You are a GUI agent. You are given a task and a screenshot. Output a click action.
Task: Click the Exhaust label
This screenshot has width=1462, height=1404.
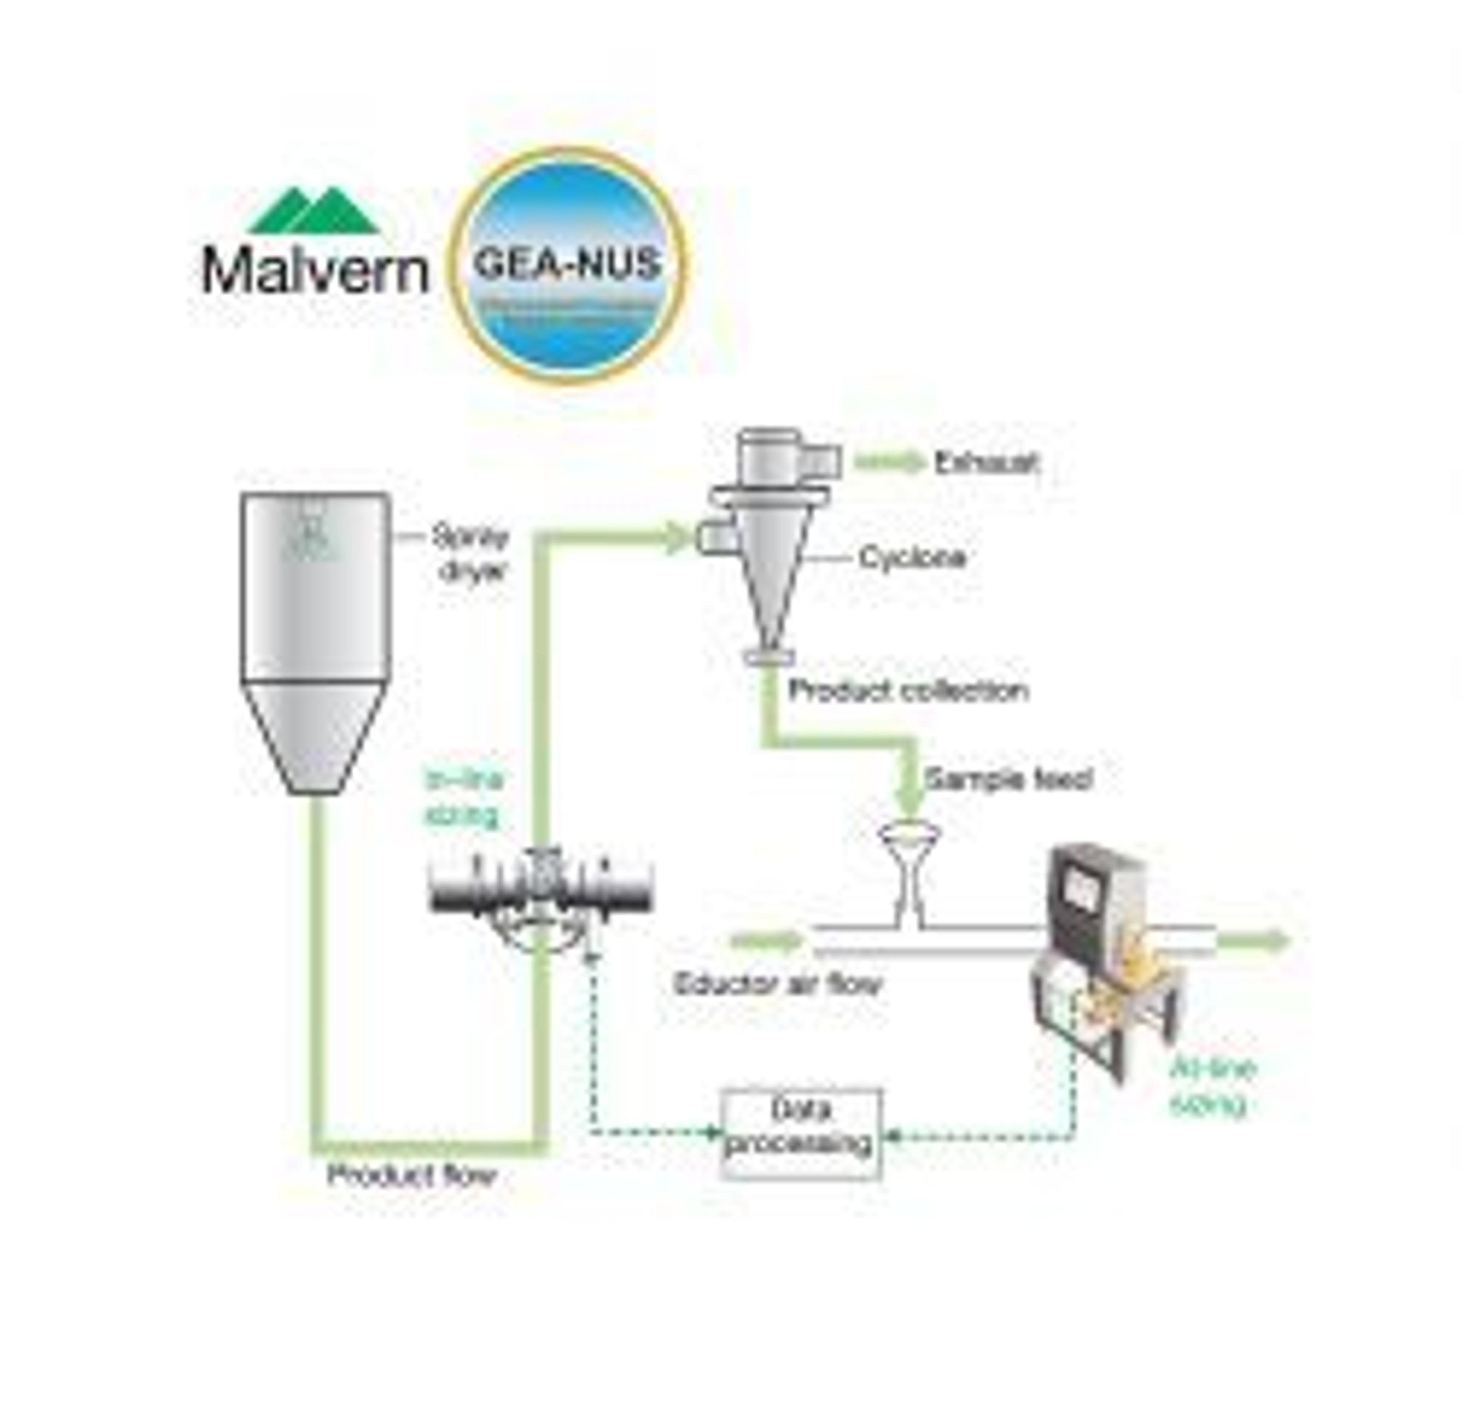(986, 463)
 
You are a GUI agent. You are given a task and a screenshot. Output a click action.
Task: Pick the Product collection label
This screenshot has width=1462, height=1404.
(908, 691)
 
